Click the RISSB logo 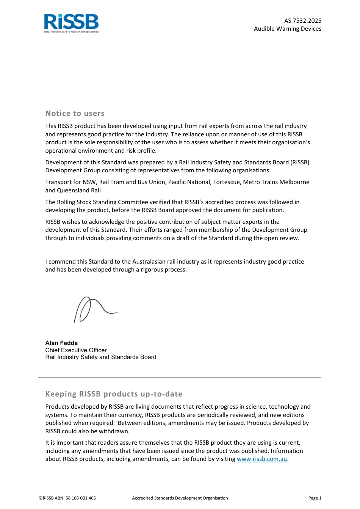(x=71, y=23)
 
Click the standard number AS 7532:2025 (x=302, y=21)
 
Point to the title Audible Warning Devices (x=287, y=29)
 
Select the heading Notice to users (x=75, y=113)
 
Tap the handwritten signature (x=95, y=309)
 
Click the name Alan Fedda (x=61, y=343)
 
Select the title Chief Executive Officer (x=76, y=350)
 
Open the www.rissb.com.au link (x=263, y=459)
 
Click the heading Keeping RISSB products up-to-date (x=114, y=394)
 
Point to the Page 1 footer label (x=315, y=498)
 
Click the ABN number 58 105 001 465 (x=81, y=498)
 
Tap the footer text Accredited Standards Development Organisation (x=180, y=498)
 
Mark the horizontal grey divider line (x=180, y=378)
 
